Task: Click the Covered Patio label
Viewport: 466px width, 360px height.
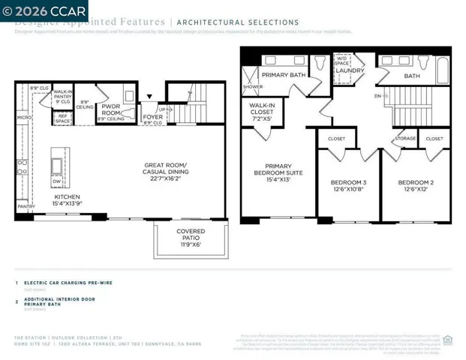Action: click(190, 238)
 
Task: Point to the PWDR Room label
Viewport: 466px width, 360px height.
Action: click(110, 109)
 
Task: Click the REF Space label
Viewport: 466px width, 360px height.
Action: click(62, 118)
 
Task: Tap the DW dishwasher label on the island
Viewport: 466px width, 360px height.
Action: click(57, 181)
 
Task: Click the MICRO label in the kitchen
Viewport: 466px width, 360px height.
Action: click(23, 118)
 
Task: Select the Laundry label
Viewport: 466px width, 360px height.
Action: click(350, 71)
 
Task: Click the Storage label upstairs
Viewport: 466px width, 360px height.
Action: click(405, 139)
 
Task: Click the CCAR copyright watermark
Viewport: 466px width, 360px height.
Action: click(44, 10)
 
